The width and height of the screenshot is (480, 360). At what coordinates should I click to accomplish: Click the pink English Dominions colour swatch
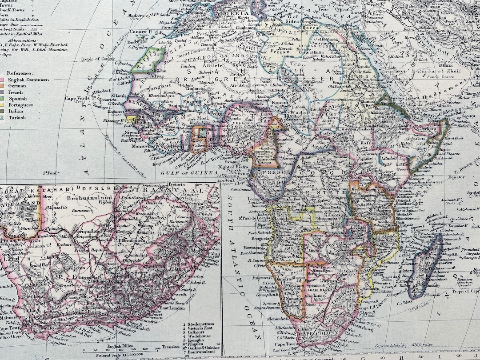click(x=2, y=80)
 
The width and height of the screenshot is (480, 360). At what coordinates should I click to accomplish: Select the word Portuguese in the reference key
click(x=17, y=105)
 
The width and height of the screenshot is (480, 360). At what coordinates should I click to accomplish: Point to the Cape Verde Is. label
click(x=78, y=98)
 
